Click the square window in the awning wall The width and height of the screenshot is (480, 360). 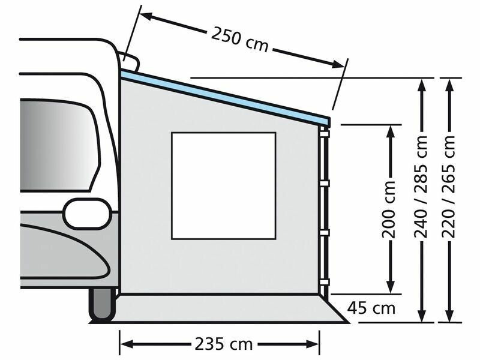(223, 185)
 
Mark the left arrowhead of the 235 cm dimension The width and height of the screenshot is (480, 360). (125, 344)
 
